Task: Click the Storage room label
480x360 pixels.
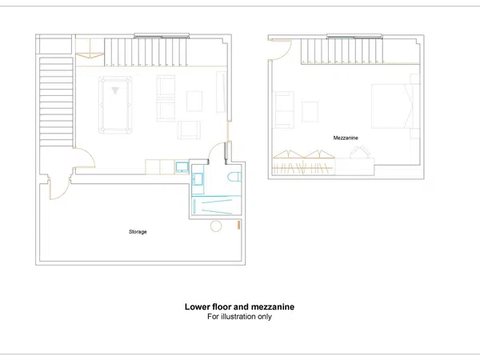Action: tap(138, 232)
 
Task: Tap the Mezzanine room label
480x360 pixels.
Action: tap(346, 138)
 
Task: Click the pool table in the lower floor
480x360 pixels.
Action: tap(115, 105)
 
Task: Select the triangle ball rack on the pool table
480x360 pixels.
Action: tap(115, 90)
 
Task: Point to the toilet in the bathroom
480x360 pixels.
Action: tap(234, 177)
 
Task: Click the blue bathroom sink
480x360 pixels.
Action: tap(197, 178)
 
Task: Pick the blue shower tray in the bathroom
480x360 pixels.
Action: tap(217, 205)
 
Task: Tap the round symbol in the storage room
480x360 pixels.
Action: tap(216, 226)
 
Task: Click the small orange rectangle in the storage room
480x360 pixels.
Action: tap(238, 225)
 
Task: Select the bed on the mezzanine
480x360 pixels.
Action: tap(392, 106)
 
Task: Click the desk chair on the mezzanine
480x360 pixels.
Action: tap(360, 152)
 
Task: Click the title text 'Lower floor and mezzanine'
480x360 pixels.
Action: tap(239, 306)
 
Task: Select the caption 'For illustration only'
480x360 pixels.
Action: tap(239, 317)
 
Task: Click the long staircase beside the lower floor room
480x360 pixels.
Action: tap(56, 102)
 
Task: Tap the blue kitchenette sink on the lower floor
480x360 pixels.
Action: tap(182, 167)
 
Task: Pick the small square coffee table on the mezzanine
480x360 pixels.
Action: tap(310, 111)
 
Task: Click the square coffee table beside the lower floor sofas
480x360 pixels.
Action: tap(194, 102)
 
